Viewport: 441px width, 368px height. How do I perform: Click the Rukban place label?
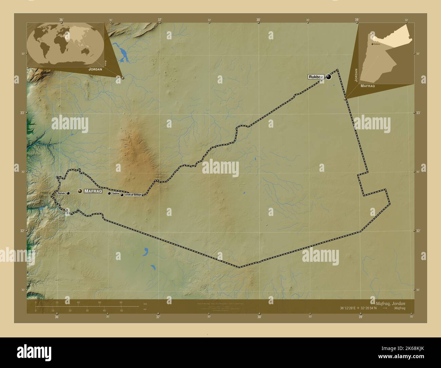coord(316,77)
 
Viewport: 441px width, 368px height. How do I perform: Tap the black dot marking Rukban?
coord(328,77)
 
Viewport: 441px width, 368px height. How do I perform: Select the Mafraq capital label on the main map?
coord(93,191)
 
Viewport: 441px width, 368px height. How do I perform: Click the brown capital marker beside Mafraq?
coord(80,191)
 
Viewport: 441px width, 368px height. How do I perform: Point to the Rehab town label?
coord(61,193)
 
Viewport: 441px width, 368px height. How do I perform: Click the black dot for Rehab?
coord(68,193)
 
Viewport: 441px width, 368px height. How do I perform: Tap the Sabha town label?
coord(116,193)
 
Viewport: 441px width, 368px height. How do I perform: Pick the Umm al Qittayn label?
coord(133,195)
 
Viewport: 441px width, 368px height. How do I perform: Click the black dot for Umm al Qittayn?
coord(122,195)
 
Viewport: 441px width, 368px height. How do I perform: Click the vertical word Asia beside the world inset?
coord(106,63)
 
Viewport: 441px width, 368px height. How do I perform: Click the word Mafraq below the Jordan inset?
coord(368,86)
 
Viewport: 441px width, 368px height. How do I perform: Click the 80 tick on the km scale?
coord(121,302)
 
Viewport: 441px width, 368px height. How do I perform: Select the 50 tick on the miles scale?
coord(121,310)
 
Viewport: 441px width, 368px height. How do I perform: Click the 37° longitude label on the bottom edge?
coord(158,317)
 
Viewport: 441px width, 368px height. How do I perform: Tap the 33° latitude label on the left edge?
coord(22,113)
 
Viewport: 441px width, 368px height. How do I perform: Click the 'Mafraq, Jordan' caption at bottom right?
coord(390,303)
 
